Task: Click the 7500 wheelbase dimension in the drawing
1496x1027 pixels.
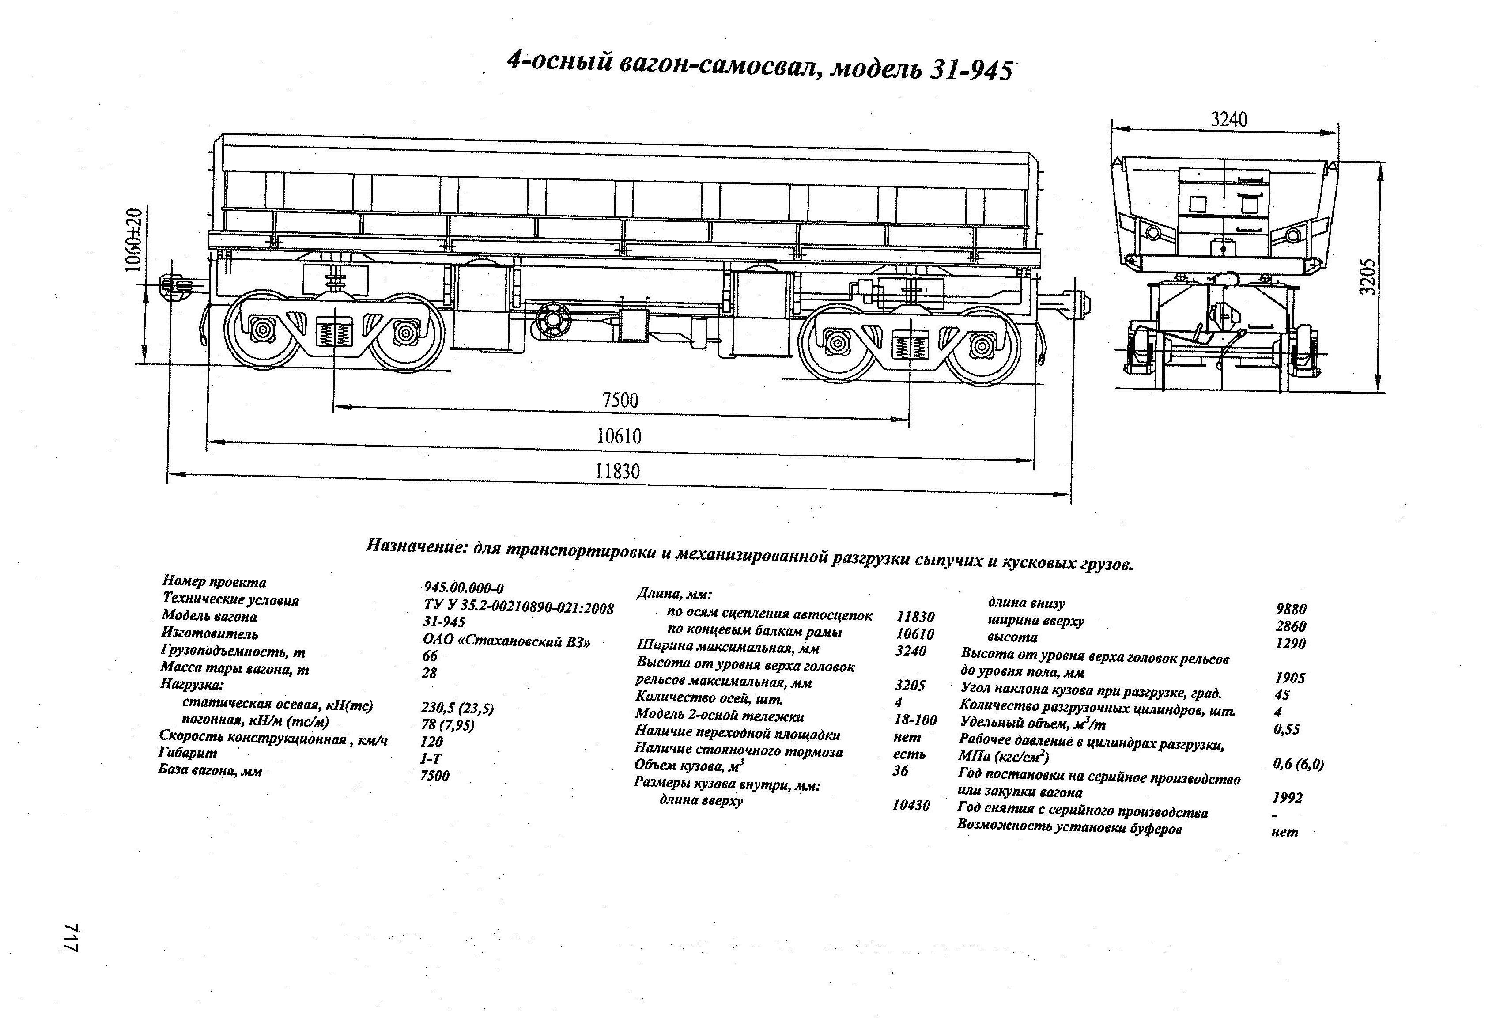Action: (x=620, y=401)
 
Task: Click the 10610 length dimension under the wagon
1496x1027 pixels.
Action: (x=619, y=436)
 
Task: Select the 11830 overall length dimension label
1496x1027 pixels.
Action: (x=617, y=471)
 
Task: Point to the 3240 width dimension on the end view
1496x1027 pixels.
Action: (x=1228, y=119)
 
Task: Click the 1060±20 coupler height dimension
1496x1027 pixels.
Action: (x=133, y=239)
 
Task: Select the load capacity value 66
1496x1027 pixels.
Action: (x=429, y=656)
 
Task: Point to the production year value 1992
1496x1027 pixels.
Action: (x=1287, y=798)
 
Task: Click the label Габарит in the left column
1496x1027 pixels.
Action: (x=188, y=753)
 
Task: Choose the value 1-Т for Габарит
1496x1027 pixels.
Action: (x=431, y=758)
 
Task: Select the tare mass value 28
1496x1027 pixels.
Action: (x=429, y=673)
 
